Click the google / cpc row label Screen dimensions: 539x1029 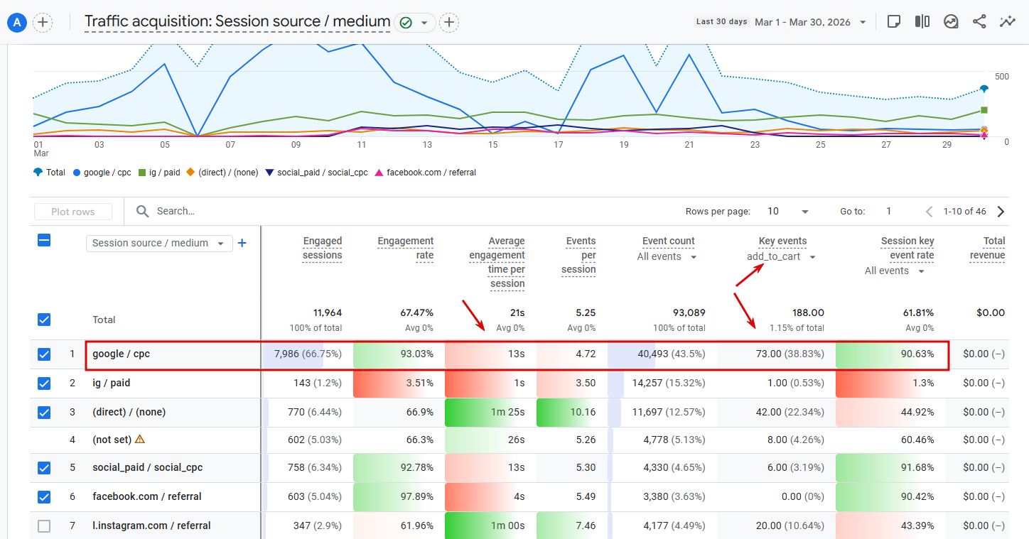coord(122,354)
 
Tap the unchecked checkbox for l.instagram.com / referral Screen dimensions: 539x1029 coord(44,526)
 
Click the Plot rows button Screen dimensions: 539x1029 coord(73,212)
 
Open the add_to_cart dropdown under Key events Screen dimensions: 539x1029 coord(781,256)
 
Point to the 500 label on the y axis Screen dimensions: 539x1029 coord(1002,77)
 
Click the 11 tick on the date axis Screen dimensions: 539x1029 coord(362,145)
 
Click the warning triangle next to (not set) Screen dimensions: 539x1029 coord(140,439)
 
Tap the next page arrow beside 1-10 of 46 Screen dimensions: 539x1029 coord(1001,212)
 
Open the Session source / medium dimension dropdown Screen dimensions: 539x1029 coord(158,243)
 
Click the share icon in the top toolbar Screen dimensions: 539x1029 coord(979,22)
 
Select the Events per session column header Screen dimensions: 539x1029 coord(579,255)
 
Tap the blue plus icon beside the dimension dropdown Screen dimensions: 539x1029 coord(242,243)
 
